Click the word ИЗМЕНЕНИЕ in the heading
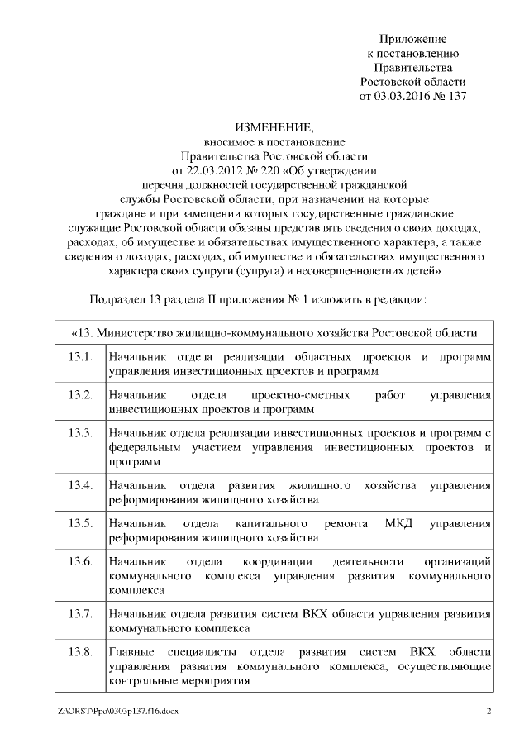(274, 127)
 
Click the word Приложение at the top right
(413, 39)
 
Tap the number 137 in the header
(456, 96)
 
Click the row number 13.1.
(80, 357)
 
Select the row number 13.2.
(80, 394)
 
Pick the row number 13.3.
(80, 432)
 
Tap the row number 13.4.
(80, 484)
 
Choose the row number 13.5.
(80, 523)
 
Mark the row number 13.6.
(80, 562)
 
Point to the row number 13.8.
(80, 652)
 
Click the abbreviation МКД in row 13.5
(398, 524)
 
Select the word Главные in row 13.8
(131, 652)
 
